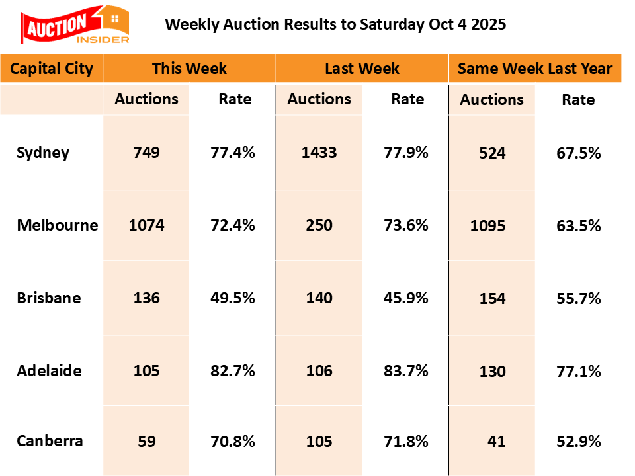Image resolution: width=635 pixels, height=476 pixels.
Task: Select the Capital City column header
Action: tap(52, 69)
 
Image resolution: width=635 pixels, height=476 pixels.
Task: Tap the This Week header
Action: tap(189, 69)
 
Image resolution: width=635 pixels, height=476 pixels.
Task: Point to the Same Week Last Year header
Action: tap(534, 69)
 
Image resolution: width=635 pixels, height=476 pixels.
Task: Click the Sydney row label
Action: tap(43, 153)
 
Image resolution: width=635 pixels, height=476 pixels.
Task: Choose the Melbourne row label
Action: tap(58, 225)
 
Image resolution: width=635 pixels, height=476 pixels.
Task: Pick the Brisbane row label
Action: tap(49, 297)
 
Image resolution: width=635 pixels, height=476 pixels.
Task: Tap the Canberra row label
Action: tap(50, 440)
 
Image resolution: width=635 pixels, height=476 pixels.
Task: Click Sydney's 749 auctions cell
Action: tap(146, 153)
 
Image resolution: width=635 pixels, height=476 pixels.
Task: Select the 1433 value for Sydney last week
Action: tap(319, 153)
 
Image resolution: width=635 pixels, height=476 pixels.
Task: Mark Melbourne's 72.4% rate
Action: tap(233, 225)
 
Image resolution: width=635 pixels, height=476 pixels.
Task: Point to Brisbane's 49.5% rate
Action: tap(233, 297)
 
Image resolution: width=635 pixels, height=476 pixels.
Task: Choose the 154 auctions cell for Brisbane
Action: tap(491, 298)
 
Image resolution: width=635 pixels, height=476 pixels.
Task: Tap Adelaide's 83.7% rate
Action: tap(406, 370)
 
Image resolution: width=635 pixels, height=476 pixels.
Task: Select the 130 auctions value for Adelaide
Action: tap(491, 371)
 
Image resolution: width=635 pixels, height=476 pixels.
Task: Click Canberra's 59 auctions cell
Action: tap(146, 440)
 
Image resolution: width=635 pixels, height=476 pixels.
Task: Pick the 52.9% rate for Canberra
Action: tap(579, 441)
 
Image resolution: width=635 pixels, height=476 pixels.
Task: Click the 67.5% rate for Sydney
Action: tap(579, 153)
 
